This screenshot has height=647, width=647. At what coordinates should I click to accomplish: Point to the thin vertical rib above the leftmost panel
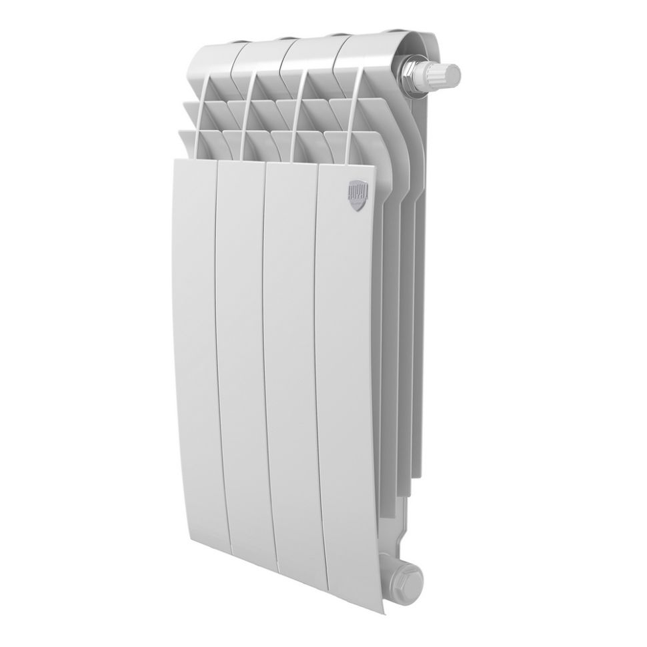(x=201, y=120)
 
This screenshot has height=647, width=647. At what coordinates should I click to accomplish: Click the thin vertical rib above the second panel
(x=247, y=120)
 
